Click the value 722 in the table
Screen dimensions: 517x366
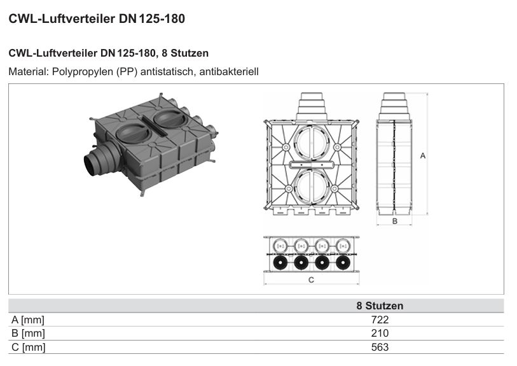point(380,320)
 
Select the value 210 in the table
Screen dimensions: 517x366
point(380,333)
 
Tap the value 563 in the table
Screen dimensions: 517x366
point(380,347)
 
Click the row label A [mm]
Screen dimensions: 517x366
point(28,320)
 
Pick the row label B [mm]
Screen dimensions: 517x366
point(28,334)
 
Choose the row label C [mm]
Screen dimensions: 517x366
point(29,347)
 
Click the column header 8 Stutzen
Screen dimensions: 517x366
point(380,306)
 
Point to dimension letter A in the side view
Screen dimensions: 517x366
point(423,155)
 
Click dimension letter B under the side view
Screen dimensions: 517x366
point(395,221)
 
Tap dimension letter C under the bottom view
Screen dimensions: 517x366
point(311,280)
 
